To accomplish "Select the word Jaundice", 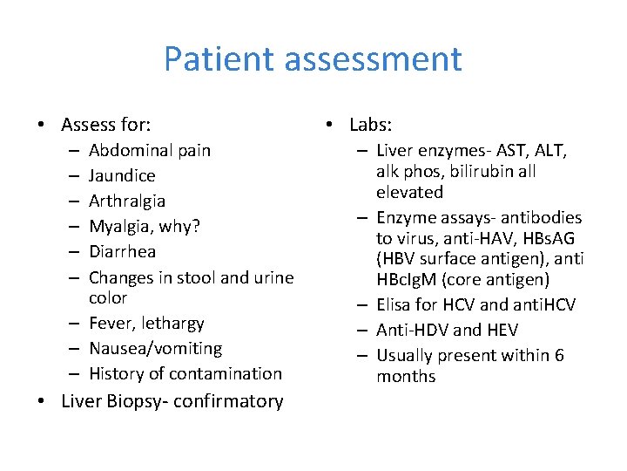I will [122, 175].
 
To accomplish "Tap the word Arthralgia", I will [127, 201].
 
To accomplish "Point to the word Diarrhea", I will [122, 251].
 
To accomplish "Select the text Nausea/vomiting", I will [155, 349].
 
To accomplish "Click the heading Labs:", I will [370, 125].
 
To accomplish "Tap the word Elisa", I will [395, 304].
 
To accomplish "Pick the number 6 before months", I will [558, 355].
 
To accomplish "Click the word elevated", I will [409, 192].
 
